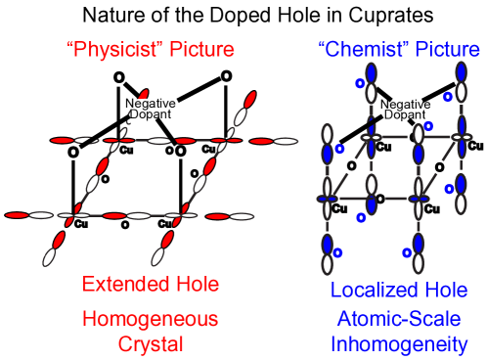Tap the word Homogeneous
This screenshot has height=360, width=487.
pos(150,319)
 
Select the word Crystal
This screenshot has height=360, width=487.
pos(150,343)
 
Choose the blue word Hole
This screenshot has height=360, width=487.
pos(445,290)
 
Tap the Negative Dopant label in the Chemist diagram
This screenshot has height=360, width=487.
pos(395,110)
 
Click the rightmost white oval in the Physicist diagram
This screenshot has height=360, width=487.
pos(286,141)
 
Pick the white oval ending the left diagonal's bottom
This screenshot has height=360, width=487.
pos(49,257)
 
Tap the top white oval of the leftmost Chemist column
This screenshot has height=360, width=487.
pos(328,133)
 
